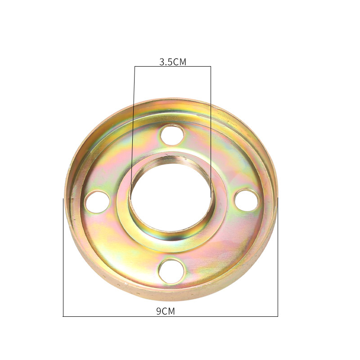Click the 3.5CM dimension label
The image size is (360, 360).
(173, 62)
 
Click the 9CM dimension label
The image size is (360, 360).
(166, 311)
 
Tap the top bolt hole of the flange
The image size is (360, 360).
(172, 135)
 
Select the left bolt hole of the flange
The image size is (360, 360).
(97, 202)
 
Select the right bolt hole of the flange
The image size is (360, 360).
(246, 199)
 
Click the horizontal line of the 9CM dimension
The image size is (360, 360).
(171, 316)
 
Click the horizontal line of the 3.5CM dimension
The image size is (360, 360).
(173, 67)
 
